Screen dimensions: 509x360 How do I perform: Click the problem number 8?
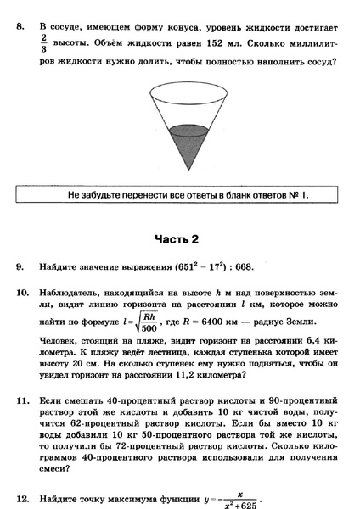(20, 27)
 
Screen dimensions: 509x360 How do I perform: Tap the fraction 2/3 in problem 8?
(45, 44)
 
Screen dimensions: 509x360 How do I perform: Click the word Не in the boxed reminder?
(75, 195)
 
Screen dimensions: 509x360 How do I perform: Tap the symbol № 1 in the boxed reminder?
(295, 195)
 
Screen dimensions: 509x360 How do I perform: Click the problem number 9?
(20, 267)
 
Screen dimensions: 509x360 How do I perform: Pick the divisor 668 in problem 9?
(244, 267)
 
